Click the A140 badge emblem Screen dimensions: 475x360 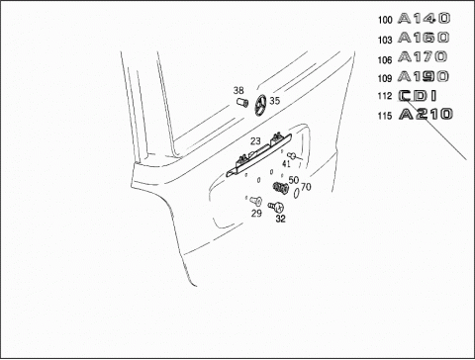pyautogui.click(x=424, y=18)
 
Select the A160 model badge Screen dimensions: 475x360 pyautogui.click(x=424, y=38)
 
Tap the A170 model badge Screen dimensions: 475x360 pyautogui.click(x=423, y=56)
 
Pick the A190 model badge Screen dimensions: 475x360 pyautogui.click(x=424, y=76)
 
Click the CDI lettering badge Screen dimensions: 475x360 pyautogui.click(x=418, y=96)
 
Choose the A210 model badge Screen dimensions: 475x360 pyautogui.click(x=426, y=114)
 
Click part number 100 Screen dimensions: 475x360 pyautogui.click(x=385, y=20)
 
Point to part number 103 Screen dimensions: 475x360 pyautogui.click(x=385, y=40)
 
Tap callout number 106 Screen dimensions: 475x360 pyautogui.click(x=385, y=60)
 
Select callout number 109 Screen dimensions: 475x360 pyautogui.click(x=385, y=78)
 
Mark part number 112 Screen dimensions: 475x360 pyautogui.click(x=385, y=96)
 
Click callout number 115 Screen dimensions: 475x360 pyautogui.click(x=385, y=116)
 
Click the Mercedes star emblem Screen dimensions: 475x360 pyautogui.click(x=260, y=105)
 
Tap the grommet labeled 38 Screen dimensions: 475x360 pyautogui.click(x=242, y=103)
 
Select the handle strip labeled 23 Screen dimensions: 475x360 pyautogui.click(x=259, y=155)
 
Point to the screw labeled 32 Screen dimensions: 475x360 pyautogui.click(x=276, y=208)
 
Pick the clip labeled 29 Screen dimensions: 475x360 pyautogui.click(x=256, y=200)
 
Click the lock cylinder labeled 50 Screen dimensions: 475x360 pyautogui.click(x=281, y=188)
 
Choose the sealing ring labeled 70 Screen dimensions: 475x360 pyautogui.click(x=296, y=194)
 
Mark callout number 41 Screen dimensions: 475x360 pyautogui.click(x=286, y=163)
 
